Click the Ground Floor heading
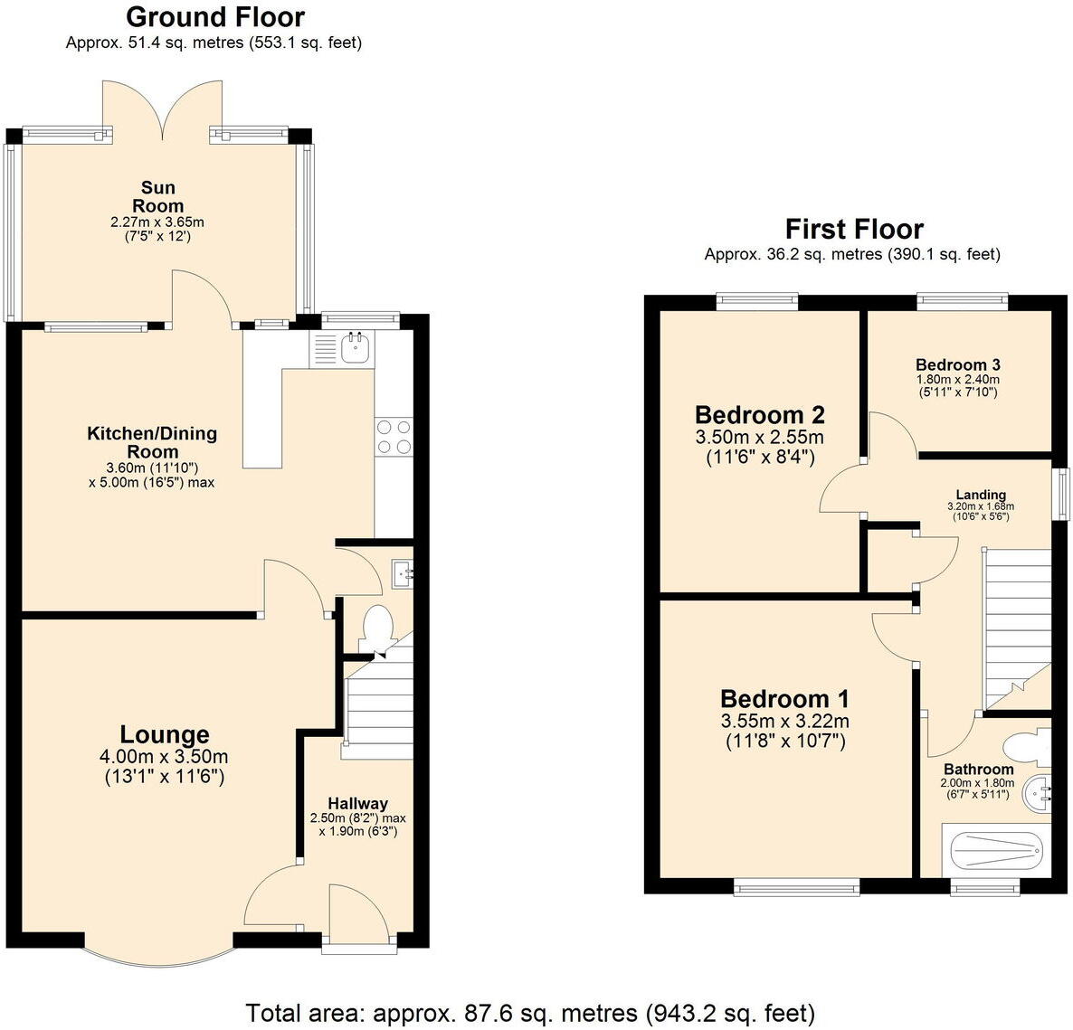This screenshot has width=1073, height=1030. click(x=214, y=17)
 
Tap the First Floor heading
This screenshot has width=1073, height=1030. click(x=853, y=229)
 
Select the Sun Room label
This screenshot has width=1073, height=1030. click(x=158, y=196)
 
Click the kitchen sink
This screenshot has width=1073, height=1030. click(x=355, y=346)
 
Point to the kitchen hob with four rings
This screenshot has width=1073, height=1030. click(x=393, y=436)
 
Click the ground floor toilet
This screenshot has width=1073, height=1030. click(x=376, y=628)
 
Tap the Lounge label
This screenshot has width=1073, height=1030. click(x=165, y=735)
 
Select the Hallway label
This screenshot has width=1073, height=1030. click(x=357, y=803)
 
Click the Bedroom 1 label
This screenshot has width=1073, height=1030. click(x=784, y=699)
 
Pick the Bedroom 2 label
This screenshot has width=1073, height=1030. click(x=759, y=415)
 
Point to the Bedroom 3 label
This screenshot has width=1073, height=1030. click(x=957, y=365)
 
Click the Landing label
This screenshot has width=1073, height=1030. click(x=981, y=495)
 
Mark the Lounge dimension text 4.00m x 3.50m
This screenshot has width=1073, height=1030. click(x=165, y=757)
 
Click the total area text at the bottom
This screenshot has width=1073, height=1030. click(x=530, y=1012)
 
